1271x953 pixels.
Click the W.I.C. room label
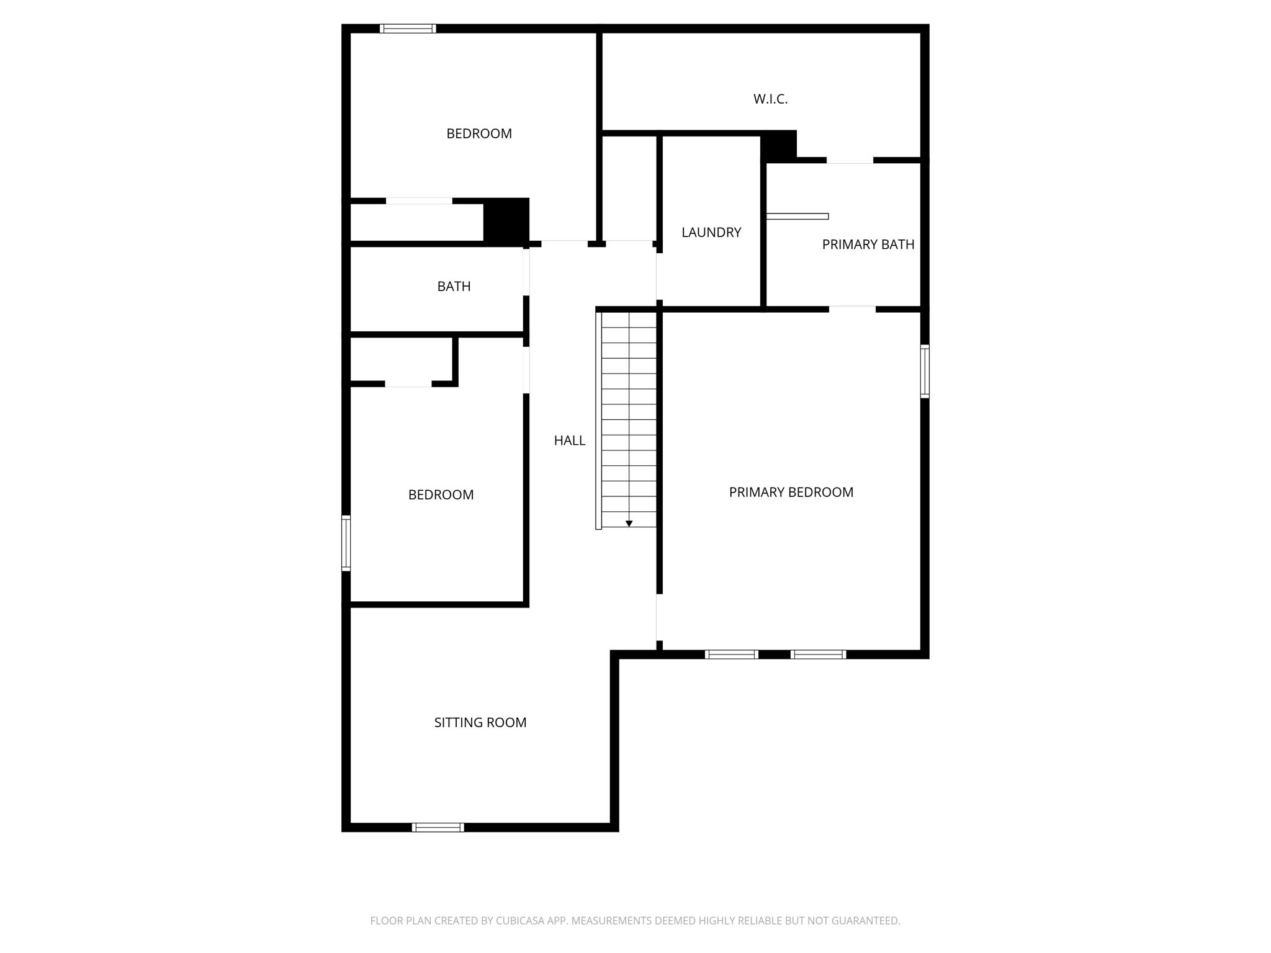pos(770,99)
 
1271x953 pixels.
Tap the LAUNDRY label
pos(711,233)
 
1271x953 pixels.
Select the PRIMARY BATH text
pos(868,245)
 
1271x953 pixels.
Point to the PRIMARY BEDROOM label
pos(791,493)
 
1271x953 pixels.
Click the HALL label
pos(569,441)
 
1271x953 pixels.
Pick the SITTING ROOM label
pos(480,723)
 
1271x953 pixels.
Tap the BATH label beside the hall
pos(454,287)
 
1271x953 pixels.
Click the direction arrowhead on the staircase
pos(629,524)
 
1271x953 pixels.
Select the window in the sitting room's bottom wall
pos(438,827)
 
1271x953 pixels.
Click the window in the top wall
pos(408,29)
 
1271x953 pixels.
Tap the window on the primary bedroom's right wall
pos(925,371)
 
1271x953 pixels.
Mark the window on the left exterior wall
pos(346,543)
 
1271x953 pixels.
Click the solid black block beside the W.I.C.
pos(779,145)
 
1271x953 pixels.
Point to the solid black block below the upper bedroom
pos(506,220)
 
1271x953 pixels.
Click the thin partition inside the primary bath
pos(797,217)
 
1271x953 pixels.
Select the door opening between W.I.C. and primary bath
pos(850,161)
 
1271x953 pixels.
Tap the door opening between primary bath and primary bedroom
pos(852,309)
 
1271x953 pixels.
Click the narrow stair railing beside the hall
pos(598,421)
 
